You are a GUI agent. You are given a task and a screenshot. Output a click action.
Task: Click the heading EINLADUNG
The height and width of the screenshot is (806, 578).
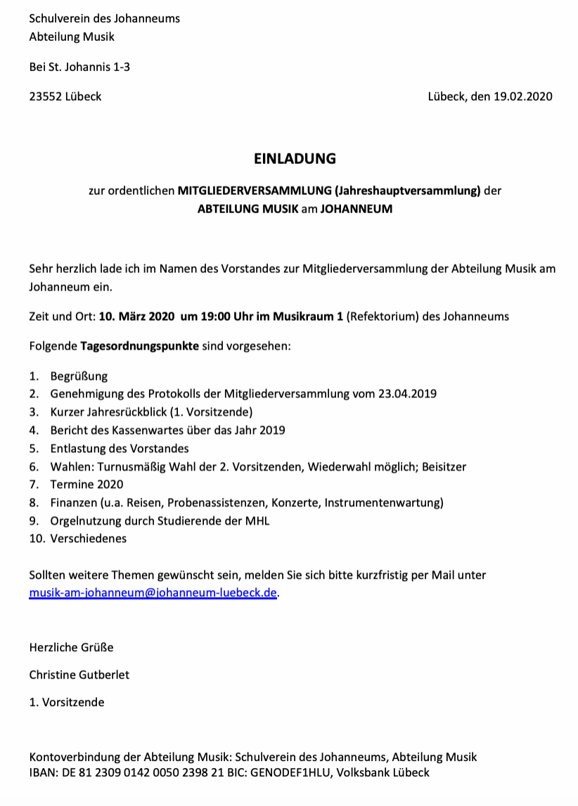click(295, 159)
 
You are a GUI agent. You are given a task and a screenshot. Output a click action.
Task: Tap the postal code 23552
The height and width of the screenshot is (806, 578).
click(45, 96)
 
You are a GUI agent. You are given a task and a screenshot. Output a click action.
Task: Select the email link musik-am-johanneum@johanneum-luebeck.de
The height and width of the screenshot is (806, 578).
click(153, 592)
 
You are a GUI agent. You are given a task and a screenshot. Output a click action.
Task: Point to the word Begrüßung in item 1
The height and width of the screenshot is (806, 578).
click(79, 376)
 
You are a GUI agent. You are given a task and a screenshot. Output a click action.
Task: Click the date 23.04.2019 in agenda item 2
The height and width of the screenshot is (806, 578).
click(408, 393)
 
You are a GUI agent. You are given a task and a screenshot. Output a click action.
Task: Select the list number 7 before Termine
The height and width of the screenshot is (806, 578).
click(33, 485)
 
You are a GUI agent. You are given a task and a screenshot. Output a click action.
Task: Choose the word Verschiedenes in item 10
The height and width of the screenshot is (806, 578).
click(89, 539)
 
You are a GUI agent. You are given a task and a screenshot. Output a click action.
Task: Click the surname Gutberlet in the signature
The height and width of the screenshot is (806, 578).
click(103, 674)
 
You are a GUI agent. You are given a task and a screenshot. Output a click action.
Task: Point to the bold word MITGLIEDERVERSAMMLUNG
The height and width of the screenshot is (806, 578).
click(255, 190)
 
